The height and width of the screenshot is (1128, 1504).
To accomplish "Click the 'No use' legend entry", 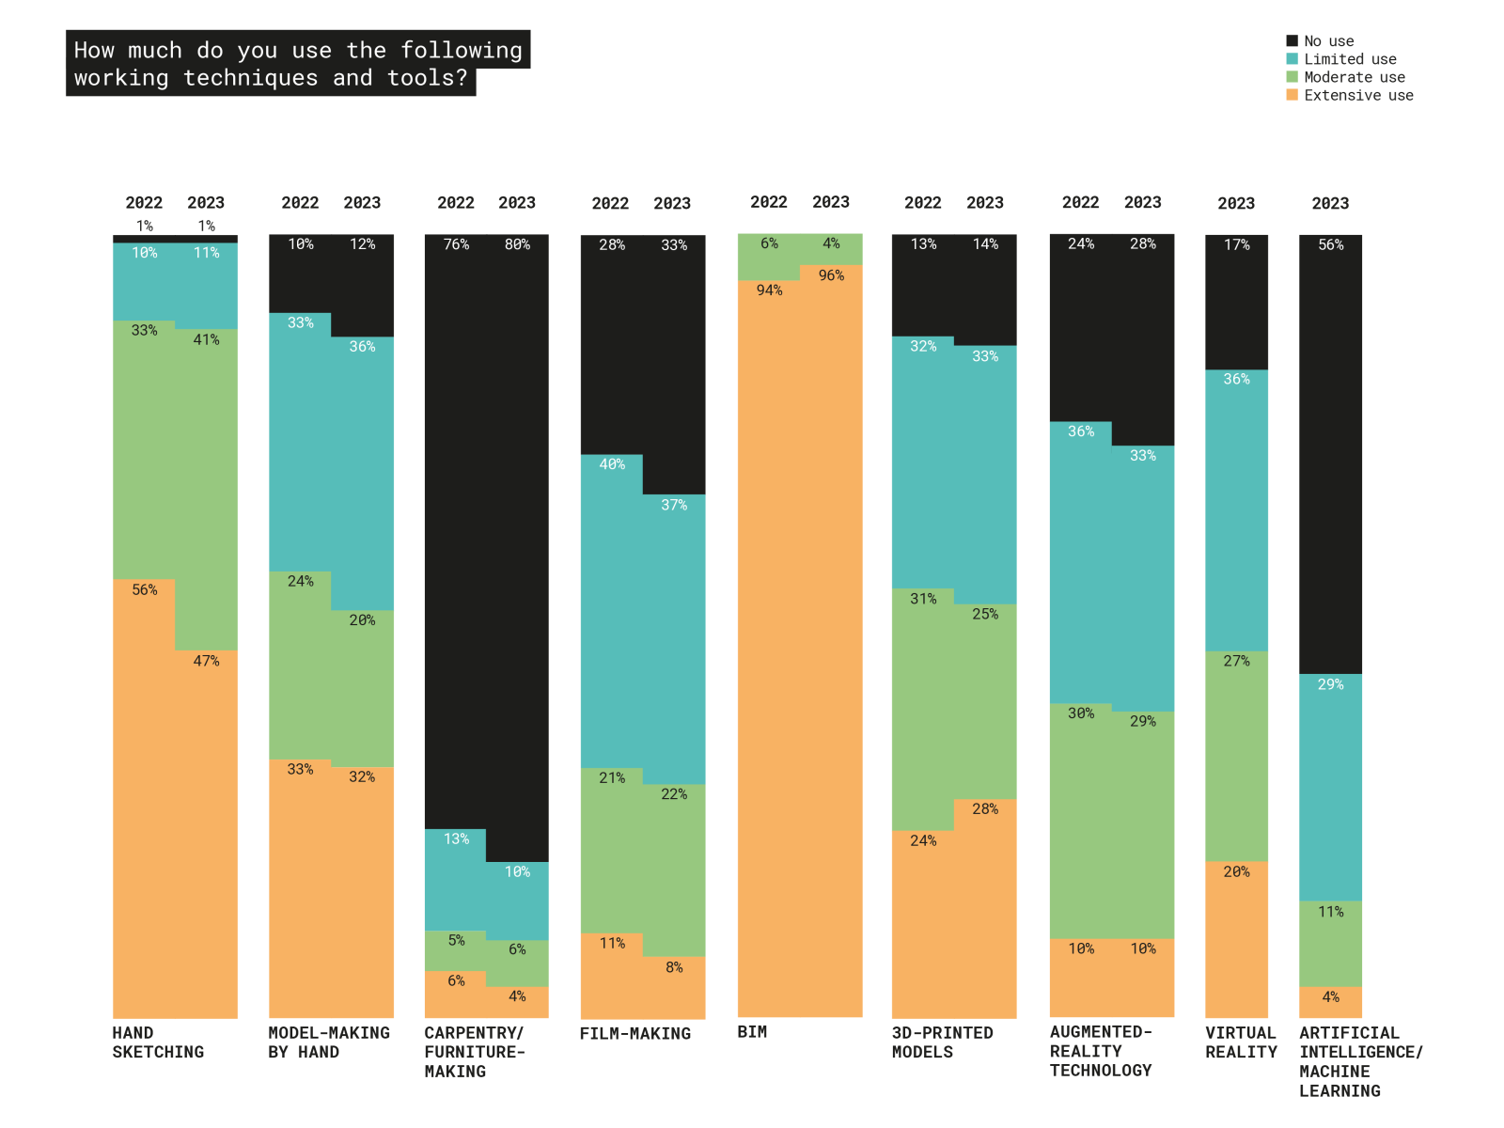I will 1328,41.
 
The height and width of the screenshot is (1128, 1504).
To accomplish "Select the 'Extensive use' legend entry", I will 1357,95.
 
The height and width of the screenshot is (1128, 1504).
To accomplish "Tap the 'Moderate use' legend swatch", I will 1292,77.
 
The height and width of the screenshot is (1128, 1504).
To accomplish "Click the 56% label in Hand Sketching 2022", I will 145,590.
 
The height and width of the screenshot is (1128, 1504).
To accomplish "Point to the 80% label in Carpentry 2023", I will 517,244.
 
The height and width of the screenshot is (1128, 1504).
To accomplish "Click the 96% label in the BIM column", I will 831,275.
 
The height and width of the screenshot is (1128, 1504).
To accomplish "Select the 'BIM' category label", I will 752,1032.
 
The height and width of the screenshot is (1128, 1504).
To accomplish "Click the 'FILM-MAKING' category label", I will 635,1034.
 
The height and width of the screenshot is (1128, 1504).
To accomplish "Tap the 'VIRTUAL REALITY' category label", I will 1241,1042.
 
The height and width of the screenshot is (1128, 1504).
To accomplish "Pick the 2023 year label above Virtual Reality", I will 1236,204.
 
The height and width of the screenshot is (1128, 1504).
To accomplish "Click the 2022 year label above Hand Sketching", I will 144,203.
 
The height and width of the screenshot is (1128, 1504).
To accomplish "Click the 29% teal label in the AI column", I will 1330,684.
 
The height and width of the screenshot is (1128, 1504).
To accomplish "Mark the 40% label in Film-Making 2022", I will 612,464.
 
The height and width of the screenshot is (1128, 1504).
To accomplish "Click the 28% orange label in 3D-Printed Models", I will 985,808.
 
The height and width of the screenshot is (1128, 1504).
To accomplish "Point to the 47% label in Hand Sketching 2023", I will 207,662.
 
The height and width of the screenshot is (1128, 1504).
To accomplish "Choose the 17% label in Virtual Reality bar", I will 1236,244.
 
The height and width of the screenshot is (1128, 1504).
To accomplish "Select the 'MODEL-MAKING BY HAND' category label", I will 329,1042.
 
